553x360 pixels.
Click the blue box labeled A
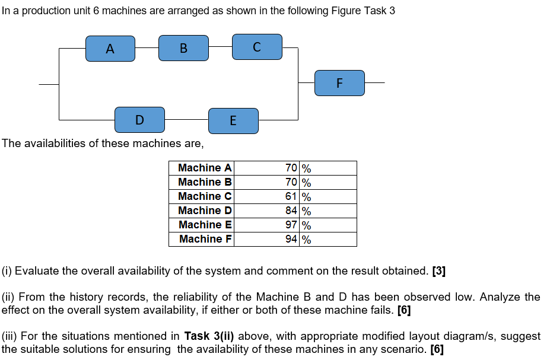(x=110, y=49)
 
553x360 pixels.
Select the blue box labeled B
(x=183, y=48)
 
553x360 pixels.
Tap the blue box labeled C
(x=256, y=47)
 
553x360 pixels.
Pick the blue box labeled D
(x=139, y=120)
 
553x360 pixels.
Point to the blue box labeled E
(x=233, y=121)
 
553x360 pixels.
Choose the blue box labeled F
(x=339, y=83)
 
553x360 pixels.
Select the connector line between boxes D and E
(x=186, y=119)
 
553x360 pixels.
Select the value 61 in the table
(x=291, y=197)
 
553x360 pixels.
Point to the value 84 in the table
(x=291, y=211)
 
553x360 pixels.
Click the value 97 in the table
(x=291, y=225)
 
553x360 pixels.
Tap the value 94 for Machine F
(x=291, y=240)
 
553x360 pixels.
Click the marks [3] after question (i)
(x=438, y=272)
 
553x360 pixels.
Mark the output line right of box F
(x=374, y=83)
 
